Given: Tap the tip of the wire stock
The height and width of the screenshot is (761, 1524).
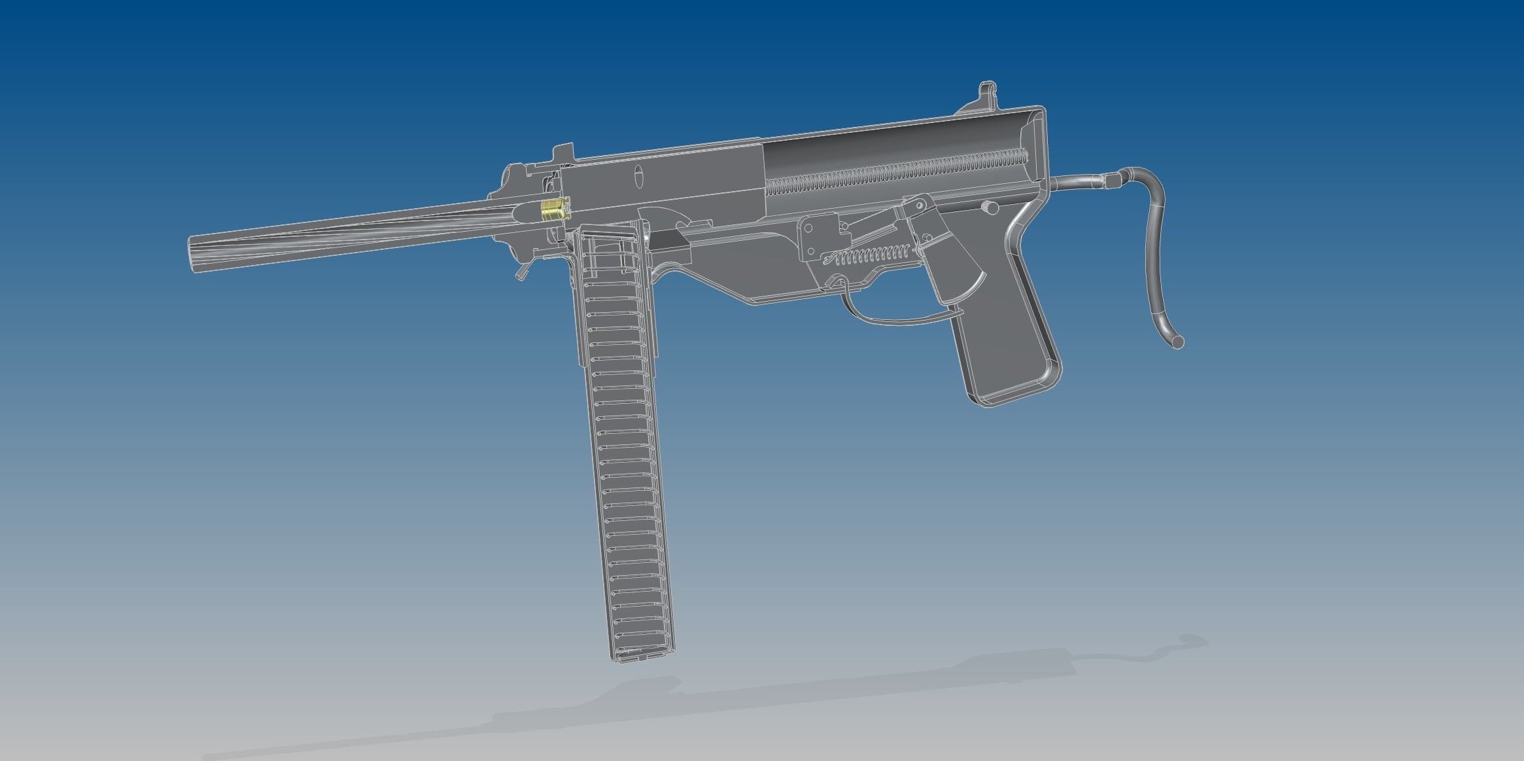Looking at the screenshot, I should pos(1177,342).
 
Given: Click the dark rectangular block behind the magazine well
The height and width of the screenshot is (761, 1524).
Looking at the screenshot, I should pos(670,241).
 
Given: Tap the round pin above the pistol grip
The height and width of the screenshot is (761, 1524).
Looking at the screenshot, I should pos(990,207).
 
